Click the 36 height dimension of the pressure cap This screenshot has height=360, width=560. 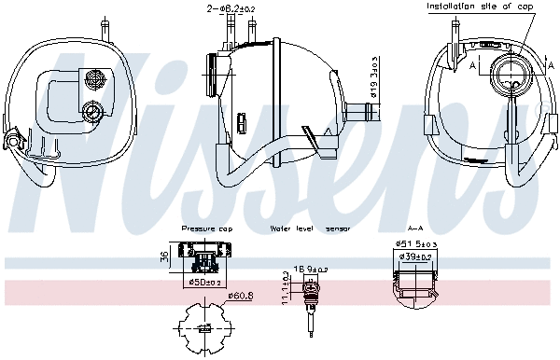tap(164, 258)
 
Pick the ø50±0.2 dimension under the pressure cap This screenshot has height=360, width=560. tap(204, 282)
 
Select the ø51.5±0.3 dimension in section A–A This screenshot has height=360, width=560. tap(416, 245)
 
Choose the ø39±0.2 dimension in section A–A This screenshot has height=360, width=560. tap(416, 256)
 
